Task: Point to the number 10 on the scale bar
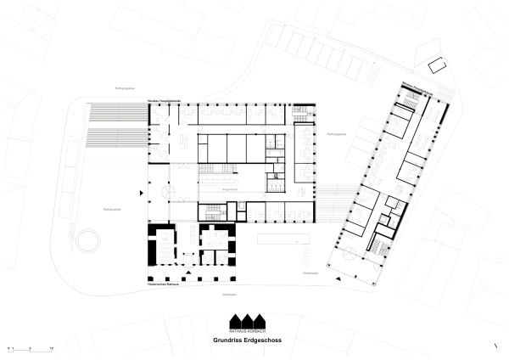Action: pyautogui.click(x=52, y=348)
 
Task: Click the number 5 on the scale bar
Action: pyautogui.click(x=31, y=348)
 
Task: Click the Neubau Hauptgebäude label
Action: pyautogui.click(x=163, y=101)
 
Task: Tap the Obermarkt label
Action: pyautogui.click(x=310, y=273)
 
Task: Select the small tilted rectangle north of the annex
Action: pyautogui.click(x=439, y=64)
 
